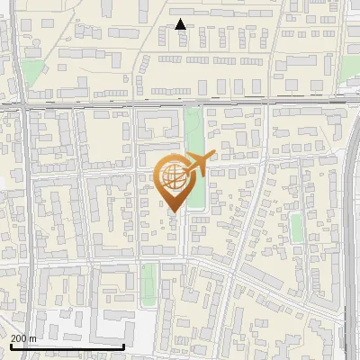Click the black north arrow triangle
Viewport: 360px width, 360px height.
[x=181, y=24]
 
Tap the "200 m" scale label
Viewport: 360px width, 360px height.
[x=23, y=338]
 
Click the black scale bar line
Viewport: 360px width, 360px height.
[x=67, y=346]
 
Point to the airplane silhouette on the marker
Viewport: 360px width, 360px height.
[x=197, y=163]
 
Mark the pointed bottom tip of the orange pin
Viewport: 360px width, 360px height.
[x=173, y=211]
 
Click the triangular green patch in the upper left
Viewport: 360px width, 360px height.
[x=34, y=72]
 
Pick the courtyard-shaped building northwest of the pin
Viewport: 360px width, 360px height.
[x=158, y=124]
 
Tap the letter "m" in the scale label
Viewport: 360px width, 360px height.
[x=32, y=338]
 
